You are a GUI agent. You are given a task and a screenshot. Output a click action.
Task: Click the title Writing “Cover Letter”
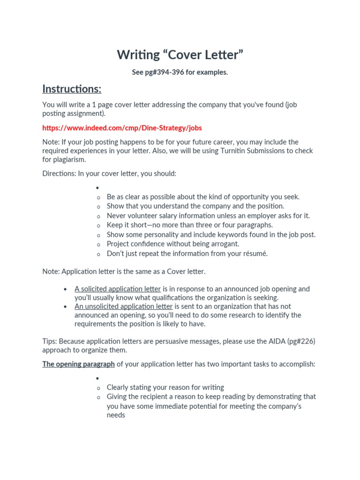[180, 55]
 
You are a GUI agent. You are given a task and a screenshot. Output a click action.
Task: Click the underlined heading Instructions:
[72, 89]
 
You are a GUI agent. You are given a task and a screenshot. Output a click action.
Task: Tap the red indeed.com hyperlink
[122, 127]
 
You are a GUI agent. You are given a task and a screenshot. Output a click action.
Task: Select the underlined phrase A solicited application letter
[118, 289]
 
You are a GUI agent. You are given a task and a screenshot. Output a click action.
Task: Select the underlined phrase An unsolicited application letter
[124, 307]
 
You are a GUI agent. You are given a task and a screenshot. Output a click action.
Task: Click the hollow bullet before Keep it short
[98, 225]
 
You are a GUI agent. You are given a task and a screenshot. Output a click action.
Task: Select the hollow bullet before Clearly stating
[98, 388]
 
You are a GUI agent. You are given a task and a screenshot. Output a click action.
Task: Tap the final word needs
[116, 415]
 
